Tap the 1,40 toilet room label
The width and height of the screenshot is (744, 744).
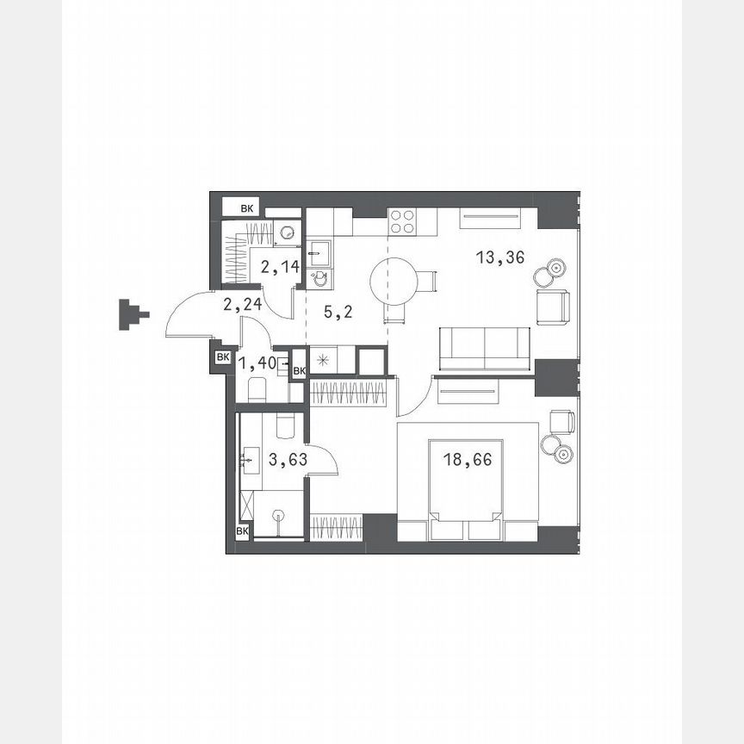[257, 363]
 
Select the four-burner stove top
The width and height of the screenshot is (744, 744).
[402, 222]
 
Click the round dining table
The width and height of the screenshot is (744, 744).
[394, 279]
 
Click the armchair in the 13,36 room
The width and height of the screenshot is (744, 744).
[553, 307]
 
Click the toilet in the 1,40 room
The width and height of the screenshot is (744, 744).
[257, 390]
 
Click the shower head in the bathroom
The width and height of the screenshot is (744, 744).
[277, 517]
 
